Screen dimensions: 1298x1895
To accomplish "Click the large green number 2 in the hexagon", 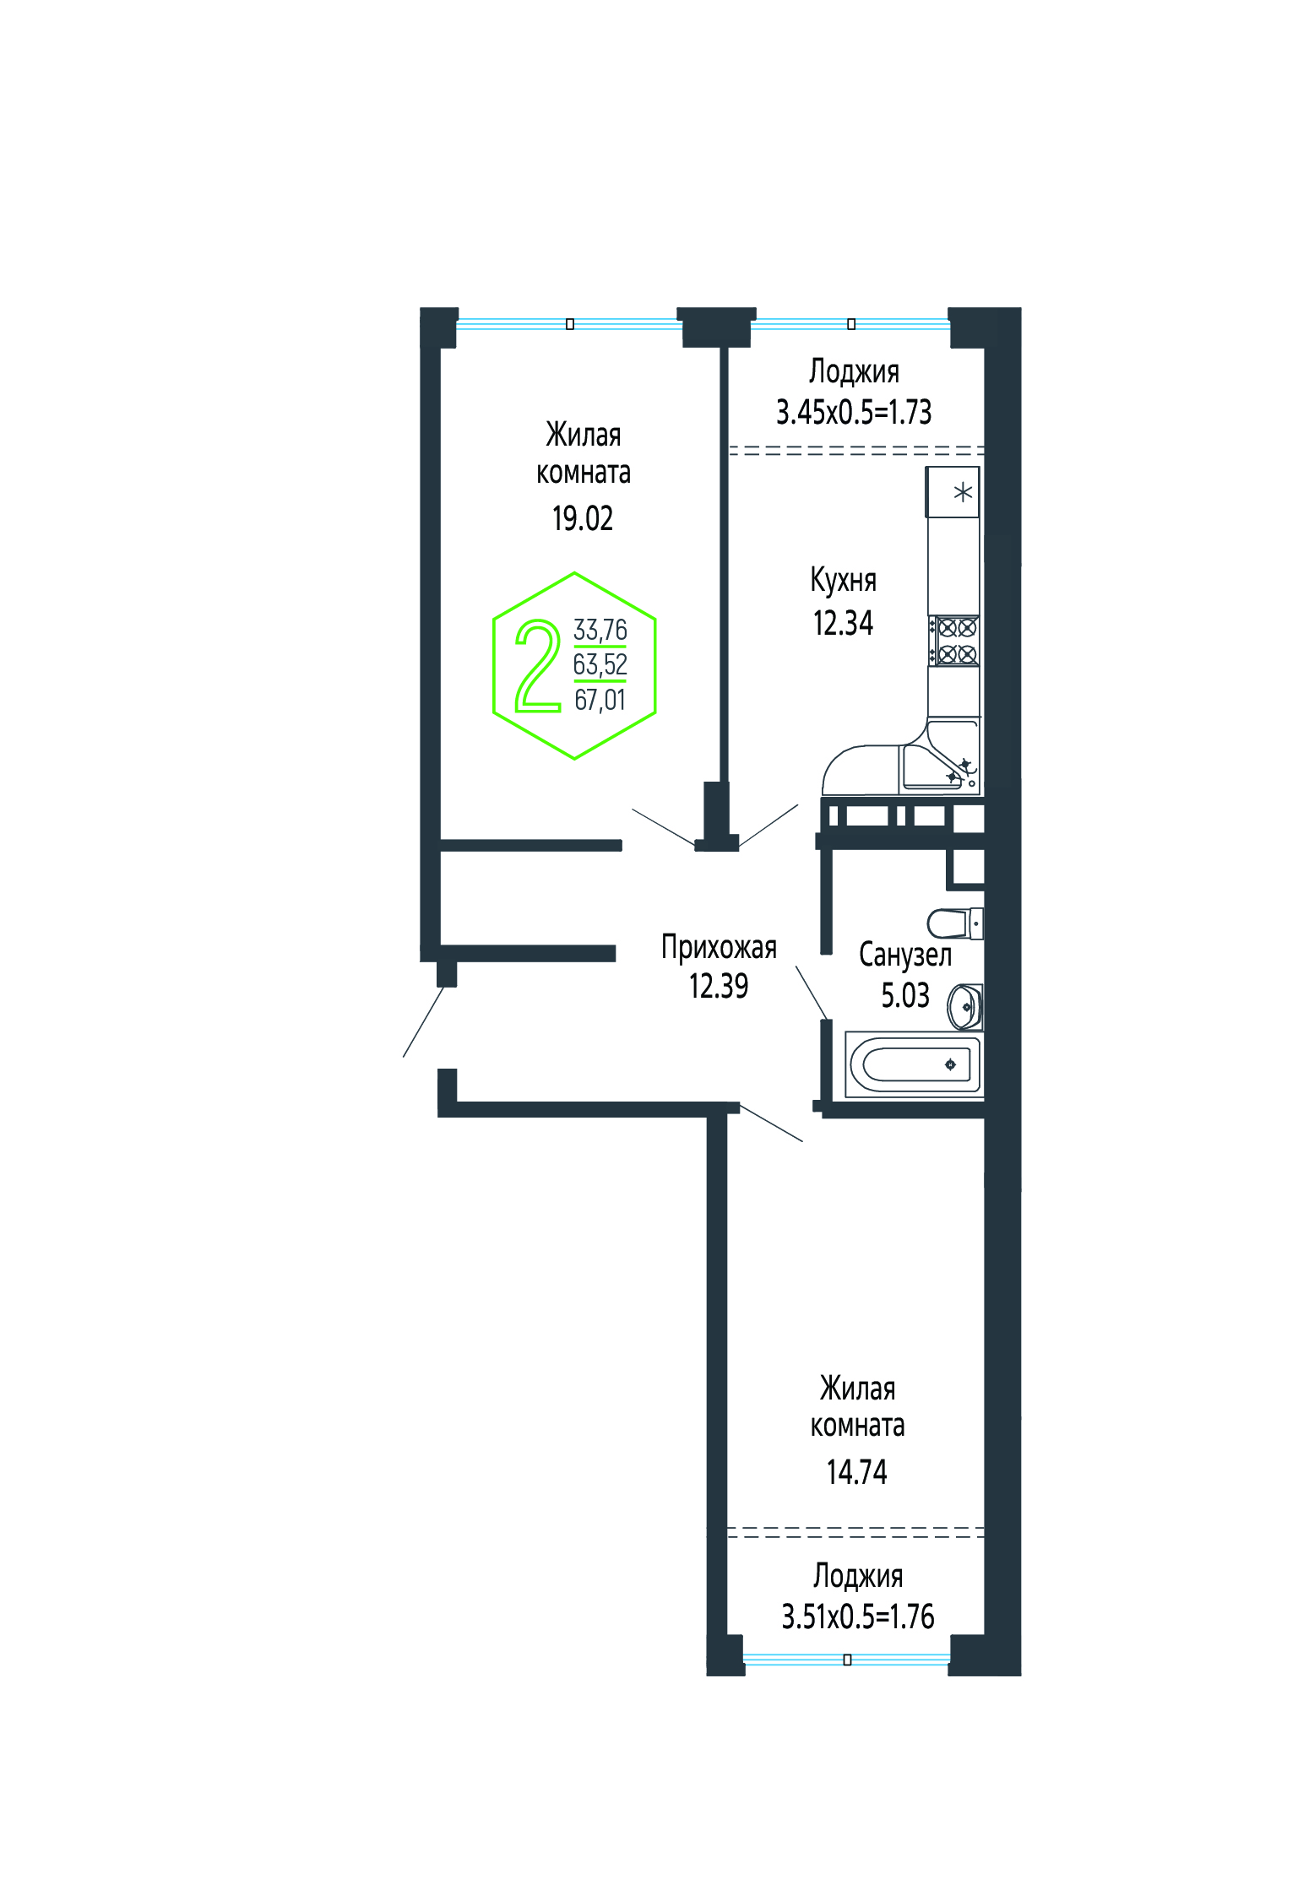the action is tap(539, 666).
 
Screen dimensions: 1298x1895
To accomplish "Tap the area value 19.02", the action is tap(583, 518).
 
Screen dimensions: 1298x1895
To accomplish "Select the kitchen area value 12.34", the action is tap(843, 623).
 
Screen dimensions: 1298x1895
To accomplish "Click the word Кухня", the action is tap(843, 580).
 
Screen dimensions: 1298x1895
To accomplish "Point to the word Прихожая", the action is tap(719, 947).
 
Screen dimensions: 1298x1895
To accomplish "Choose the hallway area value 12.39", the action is tap(719, 986).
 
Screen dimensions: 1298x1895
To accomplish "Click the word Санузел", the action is tap(905, 955).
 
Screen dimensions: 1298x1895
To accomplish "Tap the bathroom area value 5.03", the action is tap(905, 995).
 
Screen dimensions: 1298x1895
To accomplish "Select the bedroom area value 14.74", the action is tap(857, 1472).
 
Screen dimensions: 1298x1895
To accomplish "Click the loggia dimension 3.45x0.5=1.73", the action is tap(854, 412).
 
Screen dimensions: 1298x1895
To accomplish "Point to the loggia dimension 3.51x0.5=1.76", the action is tap(858, 1616).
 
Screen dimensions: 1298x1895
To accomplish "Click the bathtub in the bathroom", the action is tap(915, 1064).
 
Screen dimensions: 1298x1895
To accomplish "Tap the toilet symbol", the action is tap(955, 923).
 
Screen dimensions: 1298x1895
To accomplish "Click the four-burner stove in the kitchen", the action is tap(954, 641).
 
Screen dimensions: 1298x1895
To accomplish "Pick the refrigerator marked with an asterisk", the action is tap(953, 492).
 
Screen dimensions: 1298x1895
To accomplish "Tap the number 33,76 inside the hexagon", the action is tap(600, 630).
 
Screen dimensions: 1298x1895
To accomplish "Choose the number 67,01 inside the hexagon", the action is tap(600, 700).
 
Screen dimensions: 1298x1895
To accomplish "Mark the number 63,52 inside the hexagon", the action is tap(600, 664).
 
